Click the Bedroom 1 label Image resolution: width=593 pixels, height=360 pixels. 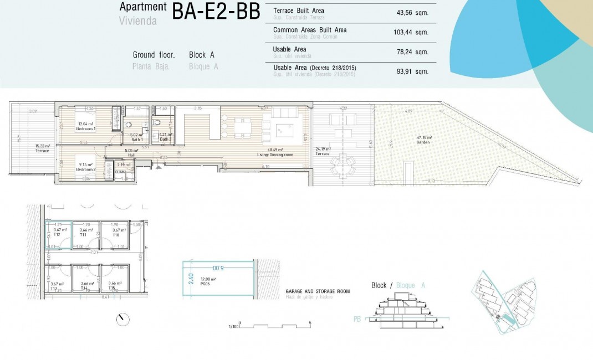tap(86, 128)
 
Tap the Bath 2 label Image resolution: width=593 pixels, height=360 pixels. tap(166, 138)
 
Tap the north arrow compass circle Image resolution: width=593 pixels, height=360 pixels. tap(123, 320)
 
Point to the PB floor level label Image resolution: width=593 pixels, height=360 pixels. tap(358, 319)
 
